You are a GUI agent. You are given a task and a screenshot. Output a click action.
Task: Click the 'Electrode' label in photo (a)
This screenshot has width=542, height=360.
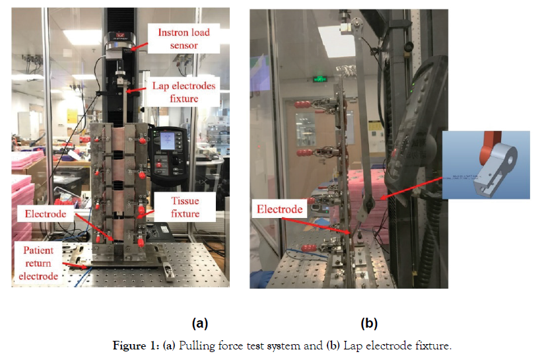click(x=46, y=215)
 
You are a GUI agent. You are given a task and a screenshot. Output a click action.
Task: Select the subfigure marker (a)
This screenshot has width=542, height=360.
click(x=199, y=323)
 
